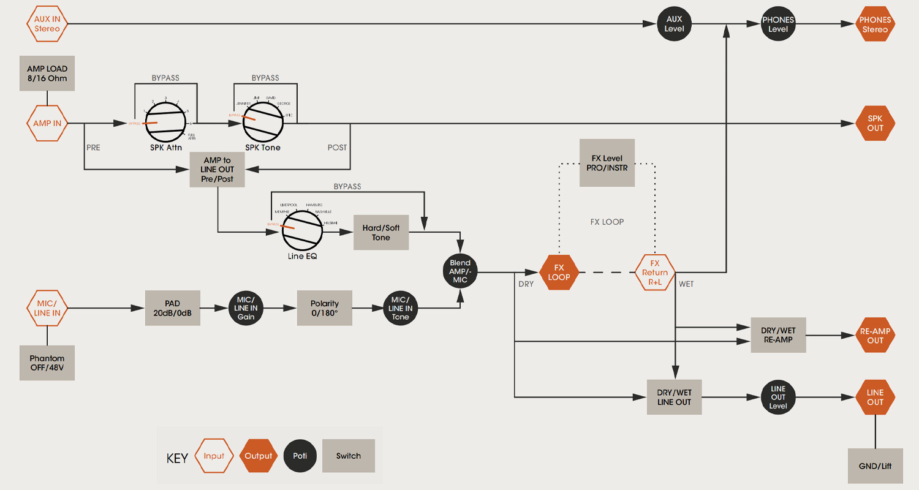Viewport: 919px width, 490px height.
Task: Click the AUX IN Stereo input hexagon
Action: click(47, 24)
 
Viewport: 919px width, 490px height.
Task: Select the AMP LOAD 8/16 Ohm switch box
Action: click(47, 73)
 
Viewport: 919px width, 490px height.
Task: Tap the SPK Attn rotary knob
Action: click(165, 123)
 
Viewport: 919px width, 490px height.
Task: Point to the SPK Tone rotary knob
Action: click(263, 123)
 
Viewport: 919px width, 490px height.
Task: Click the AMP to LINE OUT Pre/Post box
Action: click(217, 169)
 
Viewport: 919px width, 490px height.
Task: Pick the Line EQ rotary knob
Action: click(301, 230)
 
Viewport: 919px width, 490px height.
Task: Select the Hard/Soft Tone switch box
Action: click(381, 232)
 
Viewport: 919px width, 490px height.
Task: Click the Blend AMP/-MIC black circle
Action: click(460, 272)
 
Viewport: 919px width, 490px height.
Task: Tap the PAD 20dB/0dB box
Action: click(173, 308)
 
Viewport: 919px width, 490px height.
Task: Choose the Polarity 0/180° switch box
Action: click(325, 308)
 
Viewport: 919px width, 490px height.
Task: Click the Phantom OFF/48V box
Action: click(47, 363)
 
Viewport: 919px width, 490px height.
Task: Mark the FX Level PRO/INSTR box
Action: click(607, 163)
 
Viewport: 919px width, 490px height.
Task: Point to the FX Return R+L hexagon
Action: click(655, 272)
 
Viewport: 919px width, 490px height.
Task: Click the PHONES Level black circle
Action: click(778, 24)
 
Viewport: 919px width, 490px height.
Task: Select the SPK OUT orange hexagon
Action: click(875, 123)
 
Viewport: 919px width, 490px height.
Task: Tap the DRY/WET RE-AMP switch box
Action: click(778, 335)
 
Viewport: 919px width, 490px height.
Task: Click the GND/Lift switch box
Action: click(876, 466)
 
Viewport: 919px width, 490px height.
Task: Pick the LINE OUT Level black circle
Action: click(778, 398)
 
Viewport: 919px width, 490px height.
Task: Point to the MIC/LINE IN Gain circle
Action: click(246, 308)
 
